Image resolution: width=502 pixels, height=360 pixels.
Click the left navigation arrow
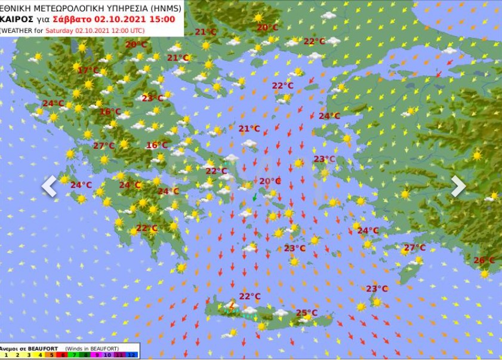(49, 186)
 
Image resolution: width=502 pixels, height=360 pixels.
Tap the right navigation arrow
(458, 186)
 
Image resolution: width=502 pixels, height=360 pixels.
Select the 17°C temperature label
(88, 70)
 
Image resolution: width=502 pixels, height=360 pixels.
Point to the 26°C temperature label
(483, 260)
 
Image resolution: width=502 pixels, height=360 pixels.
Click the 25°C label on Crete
(306, 313)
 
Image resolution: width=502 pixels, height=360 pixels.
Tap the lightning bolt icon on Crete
(232, 307)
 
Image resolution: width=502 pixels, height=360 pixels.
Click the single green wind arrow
(255, 196)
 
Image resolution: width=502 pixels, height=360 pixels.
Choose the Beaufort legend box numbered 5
(51, 355)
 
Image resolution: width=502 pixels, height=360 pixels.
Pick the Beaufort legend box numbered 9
(97, 355)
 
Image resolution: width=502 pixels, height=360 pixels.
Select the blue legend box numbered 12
(131, 355)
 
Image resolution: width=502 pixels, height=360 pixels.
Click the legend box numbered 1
(6, 355)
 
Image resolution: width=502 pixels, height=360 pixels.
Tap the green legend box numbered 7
(74, 355)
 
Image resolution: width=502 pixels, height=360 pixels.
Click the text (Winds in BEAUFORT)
(92, 348)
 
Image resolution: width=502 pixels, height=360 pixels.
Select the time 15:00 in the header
(162, 19)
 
